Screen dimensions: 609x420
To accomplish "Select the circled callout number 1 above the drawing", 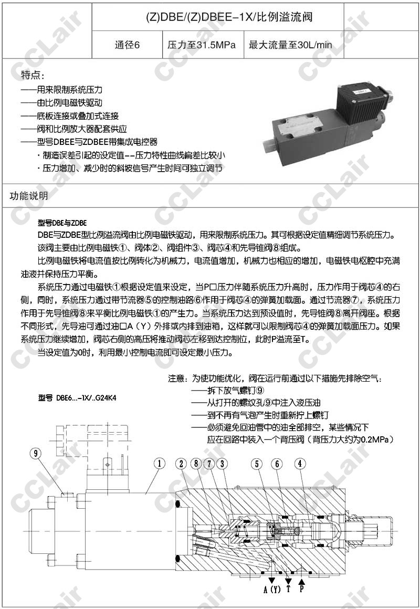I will pyautogui.click(x=159, y=463).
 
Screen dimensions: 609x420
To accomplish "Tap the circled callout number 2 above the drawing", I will pyautogui.click(x=182, y=463).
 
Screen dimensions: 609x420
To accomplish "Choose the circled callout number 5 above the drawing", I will pyautogui.click(x=257, y=463).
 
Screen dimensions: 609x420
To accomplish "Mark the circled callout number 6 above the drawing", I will pyautogui.click(x=278, y=463).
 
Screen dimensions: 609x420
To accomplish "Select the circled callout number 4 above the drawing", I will pyautogui.click(x=299, y=463).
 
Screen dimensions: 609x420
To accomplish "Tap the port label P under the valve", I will pyautogui.click(x=302, y=589).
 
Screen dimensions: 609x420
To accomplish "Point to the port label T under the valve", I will pyautogui.click(x=288, y=589).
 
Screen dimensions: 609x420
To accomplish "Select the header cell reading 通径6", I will pyautogui.click(x=128, y=45).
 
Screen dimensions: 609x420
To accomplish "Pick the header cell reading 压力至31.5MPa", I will pyautogui.click(x=202, y=45).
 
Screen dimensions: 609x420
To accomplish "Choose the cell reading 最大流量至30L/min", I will pyautogui.click(x=290, y=45).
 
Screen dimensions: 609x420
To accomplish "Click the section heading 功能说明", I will pyautogui.click(x=29, y=196).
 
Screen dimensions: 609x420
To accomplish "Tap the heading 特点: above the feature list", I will pyautogui.click(x=33, y=74).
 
